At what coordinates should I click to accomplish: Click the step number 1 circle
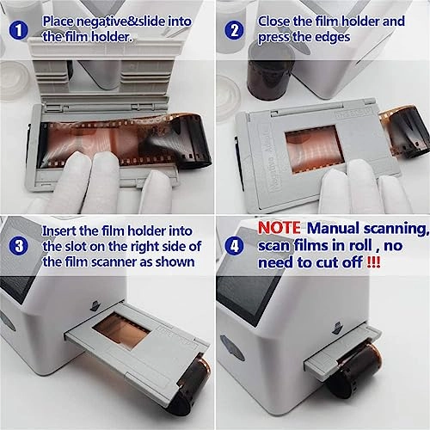(17, 32)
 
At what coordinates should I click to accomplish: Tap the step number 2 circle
(234, 32)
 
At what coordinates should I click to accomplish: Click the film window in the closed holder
(313, 143)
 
